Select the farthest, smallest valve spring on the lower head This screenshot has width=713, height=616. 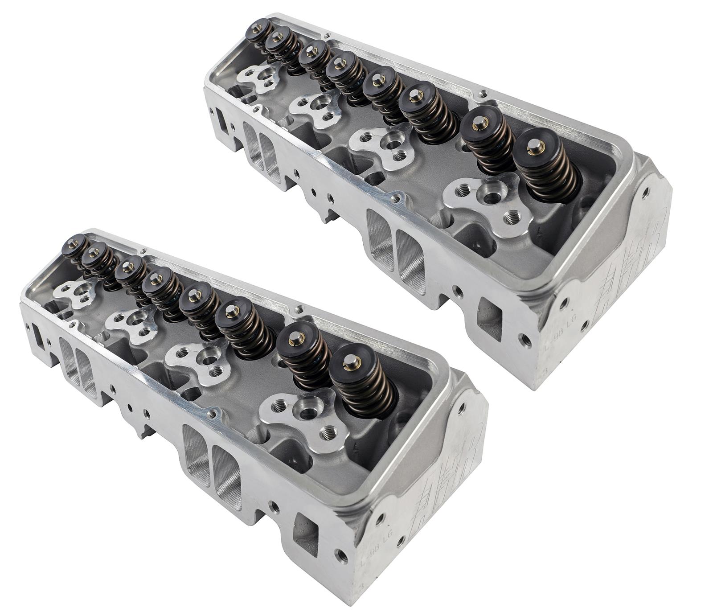pyautogui.click(x=74, y=248)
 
